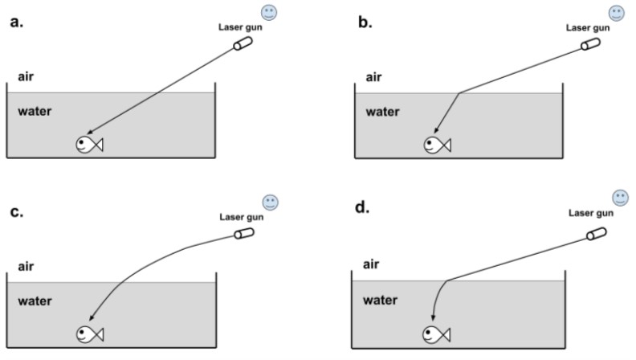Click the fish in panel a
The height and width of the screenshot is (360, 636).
click(89, 145)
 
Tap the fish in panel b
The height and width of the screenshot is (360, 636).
click(437, 145)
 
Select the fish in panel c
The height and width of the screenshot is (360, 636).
click(90, 333)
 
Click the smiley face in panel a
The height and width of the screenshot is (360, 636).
click(270, 12)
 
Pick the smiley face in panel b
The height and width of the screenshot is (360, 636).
click(617, 13)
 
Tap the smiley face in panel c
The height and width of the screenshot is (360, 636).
click(270, 202)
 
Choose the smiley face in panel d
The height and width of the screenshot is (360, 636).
click(620, 197)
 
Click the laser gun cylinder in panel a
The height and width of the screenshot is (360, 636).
click(243, 45)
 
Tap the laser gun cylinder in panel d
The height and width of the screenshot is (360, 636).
click(595, 232)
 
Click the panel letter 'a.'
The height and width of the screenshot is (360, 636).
click(15, 22)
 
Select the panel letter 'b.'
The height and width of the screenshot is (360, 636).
click(365, 22)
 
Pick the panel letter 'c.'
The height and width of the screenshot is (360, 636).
click(15, 212)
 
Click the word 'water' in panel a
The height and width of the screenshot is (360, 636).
click(35, 110)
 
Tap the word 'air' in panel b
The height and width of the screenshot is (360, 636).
click(373, 78)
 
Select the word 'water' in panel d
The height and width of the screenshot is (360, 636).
click(381, 300)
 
